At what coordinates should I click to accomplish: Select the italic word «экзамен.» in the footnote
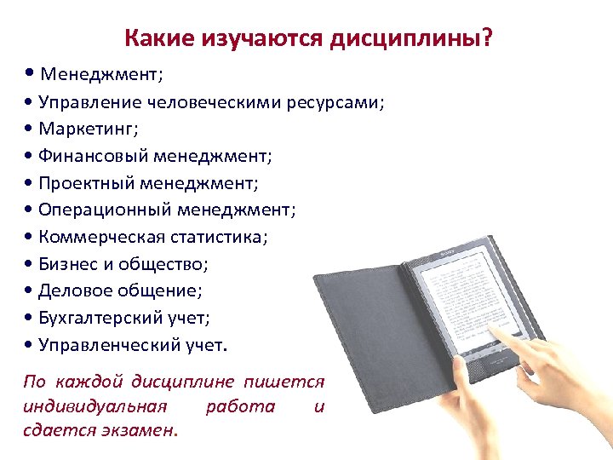pyautogui.click(x=143, y=429)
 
